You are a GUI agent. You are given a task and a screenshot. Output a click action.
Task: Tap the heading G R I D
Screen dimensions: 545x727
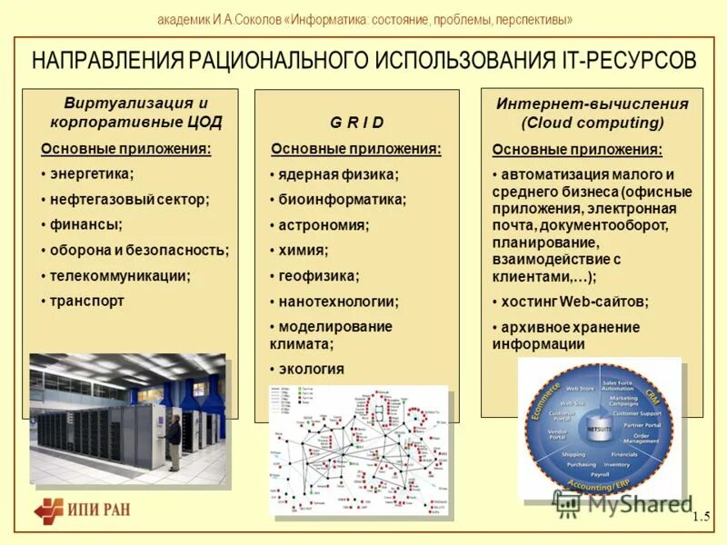click(x=356, y=123)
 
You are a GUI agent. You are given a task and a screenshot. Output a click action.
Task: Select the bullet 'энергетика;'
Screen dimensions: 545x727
click(x=91, y=173)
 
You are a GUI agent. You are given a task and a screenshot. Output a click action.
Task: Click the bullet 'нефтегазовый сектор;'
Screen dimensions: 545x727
click(x=129, y=198)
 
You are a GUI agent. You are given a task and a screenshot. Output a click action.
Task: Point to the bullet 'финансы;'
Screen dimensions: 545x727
click(x=85, y=223)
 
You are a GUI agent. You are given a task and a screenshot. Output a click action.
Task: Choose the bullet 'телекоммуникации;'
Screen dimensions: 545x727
click(x=120, y=274)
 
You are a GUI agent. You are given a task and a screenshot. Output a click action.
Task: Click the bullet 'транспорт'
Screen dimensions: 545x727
click(x=86, y=300)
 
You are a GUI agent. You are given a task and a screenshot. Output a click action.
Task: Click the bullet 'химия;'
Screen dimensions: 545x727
click(x=304, y=250)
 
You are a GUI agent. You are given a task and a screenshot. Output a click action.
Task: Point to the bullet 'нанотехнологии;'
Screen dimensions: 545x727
click(x=338, y=301)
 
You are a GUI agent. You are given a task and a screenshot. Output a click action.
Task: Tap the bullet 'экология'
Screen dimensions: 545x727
click(x=311, y=369)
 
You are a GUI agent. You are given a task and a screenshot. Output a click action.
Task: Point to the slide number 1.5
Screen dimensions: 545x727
click(x=700, y=517)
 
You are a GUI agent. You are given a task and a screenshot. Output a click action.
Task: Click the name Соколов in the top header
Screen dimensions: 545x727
click(x=254, y=19)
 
